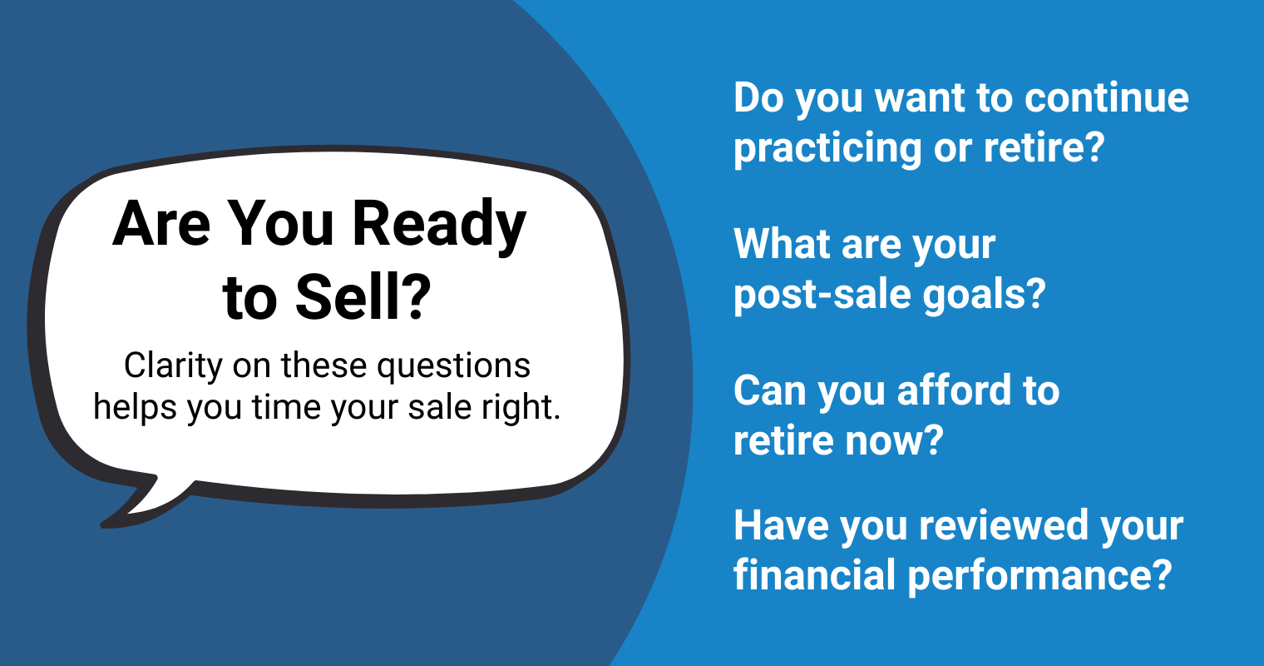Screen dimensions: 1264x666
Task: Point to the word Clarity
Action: tap(174, 367)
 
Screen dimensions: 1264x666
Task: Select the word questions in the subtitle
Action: tap(454, 367)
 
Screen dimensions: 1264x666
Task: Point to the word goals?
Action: tap(984, 295)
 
